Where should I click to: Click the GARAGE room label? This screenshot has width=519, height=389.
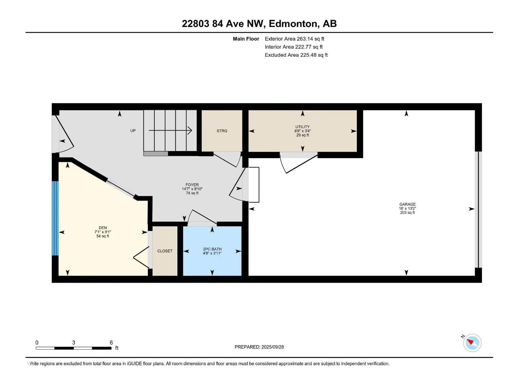(x=407, y=205)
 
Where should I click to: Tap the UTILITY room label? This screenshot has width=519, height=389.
(x=302, y=127)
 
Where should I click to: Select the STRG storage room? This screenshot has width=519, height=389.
(x=222, y=131)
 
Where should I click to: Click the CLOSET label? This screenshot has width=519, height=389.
(x=165, y=251)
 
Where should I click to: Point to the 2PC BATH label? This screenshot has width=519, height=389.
(x=212, y=249)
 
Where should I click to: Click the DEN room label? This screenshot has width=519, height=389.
(x=103, y=228)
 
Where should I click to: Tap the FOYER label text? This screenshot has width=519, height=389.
(x=192, y=185)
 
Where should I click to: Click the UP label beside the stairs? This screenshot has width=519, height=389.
(x=133, y=131)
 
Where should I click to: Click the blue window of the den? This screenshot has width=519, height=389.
(x=55, y=218)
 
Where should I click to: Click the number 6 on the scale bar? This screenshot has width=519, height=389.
(x=111, y=343)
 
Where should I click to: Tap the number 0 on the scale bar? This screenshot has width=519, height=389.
(x=37, y=343)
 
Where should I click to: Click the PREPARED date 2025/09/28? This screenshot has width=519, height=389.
(x=272, y=347)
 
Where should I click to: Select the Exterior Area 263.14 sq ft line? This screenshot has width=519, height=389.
(x=294, y=39)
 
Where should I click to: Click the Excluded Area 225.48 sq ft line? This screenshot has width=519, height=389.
(x=296, y=55)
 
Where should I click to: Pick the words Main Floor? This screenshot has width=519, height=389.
(x=246, y=39)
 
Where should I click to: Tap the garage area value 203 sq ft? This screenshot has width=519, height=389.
(x=407, y=213)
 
